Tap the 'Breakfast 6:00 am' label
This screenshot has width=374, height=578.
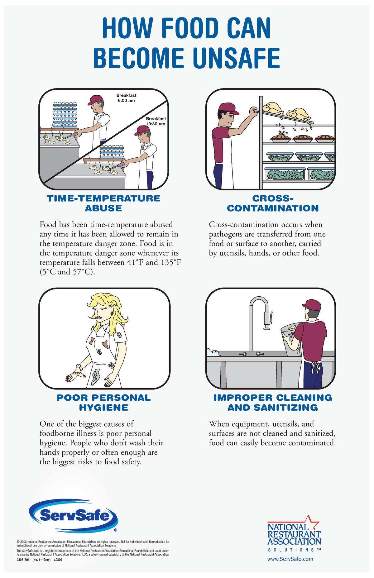126,98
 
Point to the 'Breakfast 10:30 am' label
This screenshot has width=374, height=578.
156,121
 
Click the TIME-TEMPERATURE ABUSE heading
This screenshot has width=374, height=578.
103,203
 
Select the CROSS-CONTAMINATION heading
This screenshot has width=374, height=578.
273,203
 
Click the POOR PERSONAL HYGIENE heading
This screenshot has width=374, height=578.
103,403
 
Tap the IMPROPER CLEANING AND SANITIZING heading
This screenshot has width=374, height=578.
273,403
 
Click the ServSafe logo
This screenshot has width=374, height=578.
74,516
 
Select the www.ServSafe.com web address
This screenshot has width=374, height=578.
290,559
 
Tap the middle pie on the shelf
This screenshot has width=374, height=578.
303,138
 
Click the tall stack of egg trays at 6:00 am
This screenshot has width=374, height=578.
65,115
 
